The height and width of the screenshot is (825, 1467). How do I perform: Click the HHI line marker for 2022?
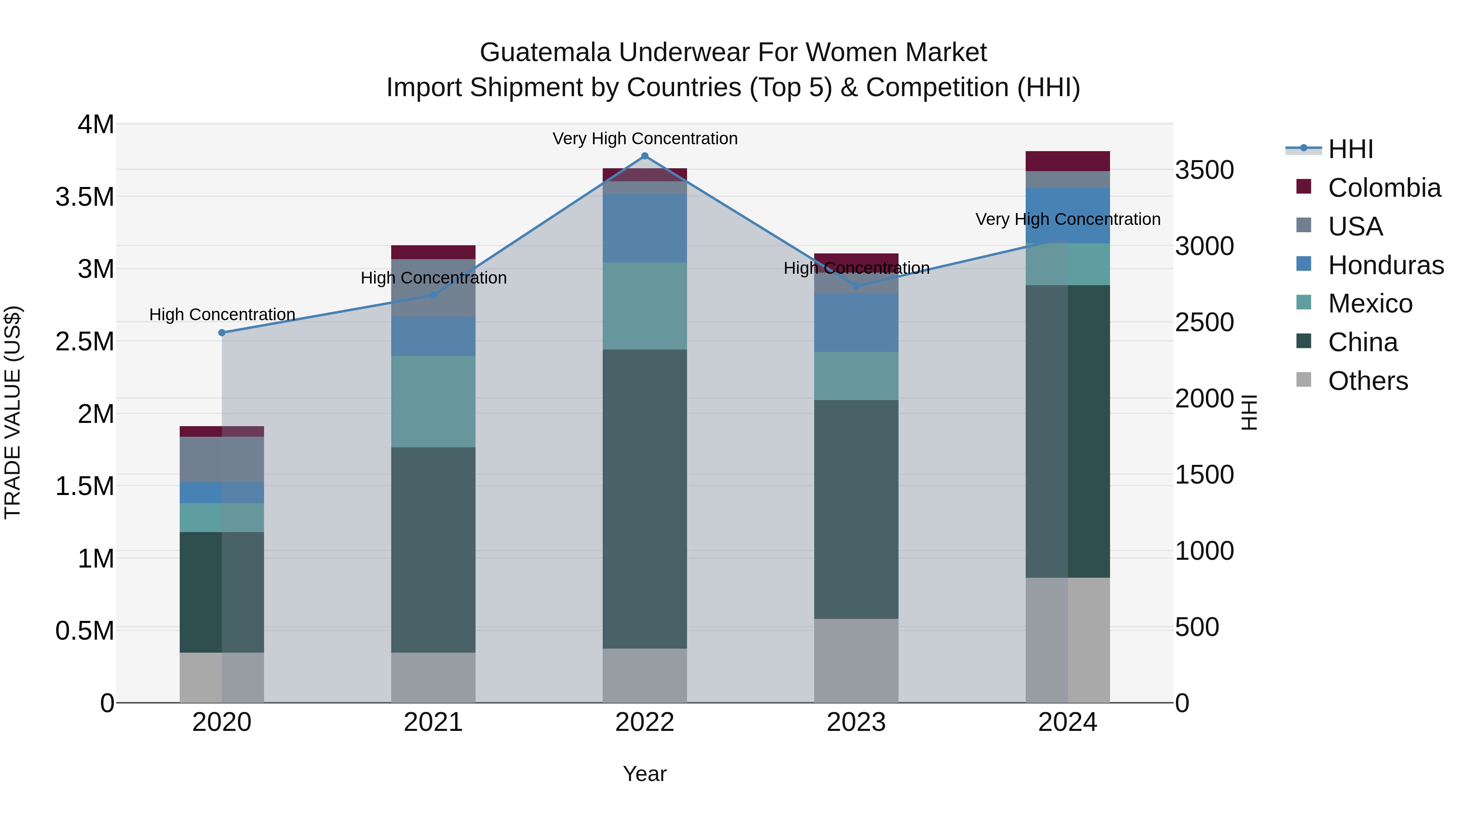tap(645, 156)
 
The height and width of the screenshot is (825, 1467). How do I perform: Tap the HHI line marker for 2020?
tap(222, 332)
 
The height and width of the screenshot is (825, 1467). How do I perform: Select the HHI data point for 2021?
tap(434, 295)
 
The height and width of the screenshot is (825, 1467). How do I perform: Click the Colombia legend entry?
tap(1384, 188)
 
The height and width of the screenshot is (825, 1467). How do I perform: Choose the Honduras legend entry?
tap(1385, 265)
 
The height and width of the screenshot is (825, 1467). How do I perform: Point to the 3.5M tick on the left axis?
tap(85, 197)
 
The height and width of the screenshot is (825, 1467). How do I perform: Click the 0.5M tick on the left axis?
tap(85, 631)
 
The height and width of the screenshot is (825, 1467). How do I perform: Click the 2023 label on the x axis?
tap(856, 722)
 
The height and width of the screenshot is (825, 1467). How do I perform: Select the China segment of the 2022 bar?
tap(645, 498)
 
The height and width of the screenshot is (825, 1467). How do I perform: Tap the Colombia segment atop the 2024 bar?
tap(1067, 161)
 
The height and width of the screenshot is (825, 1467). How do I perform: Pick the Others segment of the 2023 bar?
tap(856, 660)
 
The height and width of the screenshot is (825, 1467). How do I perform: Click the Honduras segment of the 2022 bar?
tap(645, 228)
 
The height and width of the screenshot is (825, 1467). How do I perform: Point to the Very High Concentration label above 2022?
tap(645, 139)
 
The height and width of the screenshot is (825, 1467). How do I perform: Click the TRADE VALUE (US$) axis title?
tap(13, 412)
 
